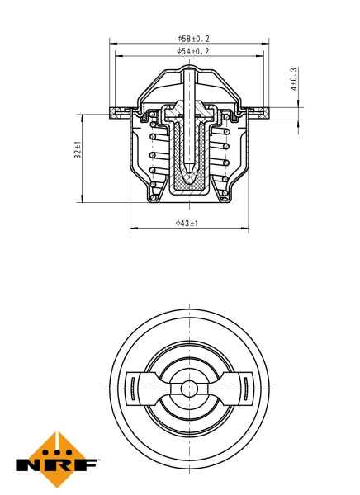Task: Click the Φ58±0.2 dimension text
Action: pos(192,38)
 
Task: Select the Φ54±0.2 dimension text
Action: pos(192,51)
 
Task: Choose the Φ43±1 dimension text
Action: pos(187,223)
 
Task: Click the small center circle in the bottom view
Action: pos(189,387)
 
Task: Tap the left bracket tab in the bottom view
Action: pos(133,387)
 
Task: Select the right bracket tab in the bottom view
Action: pos(245,387)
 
